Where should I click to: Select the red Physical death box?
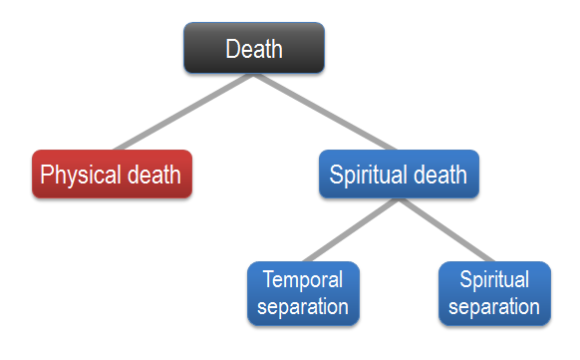(111, 175)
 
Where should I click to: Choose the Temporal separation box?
(302, 293)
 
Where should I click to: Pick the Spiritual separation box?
(494, 293)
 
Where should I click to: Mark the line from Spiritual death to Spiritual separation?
(447, 230)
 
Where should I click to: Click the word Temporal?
(302, 279)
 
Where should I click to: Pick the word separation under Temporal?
(302, 306)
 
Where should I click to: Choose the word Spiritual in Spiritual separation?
(494, 279)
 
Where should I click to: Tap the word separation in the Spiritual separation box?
(494, 306)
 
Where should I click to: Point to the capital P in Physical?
(47, 175)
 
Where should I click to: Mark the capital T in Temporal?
(268, 279)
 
